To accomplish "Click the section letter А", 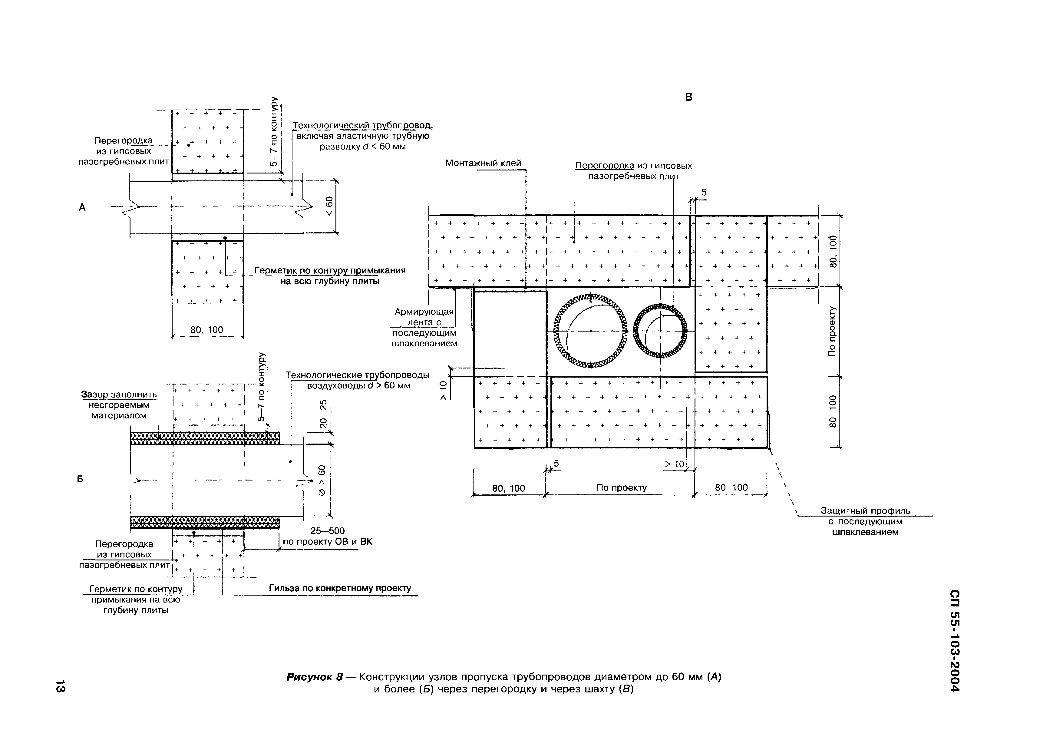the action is tap(82, 207).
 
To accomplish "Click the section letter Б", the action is tap(80, 479).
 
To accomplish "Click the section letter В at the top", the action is tap(688, 97).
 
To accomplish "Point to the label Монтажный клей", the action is tap(483, 163).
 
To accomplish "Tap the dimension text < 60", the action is tap(329, 206).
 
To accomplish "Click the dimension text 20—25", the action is tap(323, 414).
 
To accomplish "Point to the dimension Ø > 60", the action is tap(322, 481).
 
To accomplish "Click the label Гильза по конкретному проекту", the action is tap(340, 588).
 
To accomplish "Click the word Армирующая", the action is tap(424, 312).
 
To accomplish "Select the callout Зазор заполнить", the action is tap(119, 395).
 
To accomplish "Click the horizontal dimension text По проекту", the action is tap(621, 488).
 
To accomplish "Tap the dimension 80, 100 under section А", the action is tap(207, 330).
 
